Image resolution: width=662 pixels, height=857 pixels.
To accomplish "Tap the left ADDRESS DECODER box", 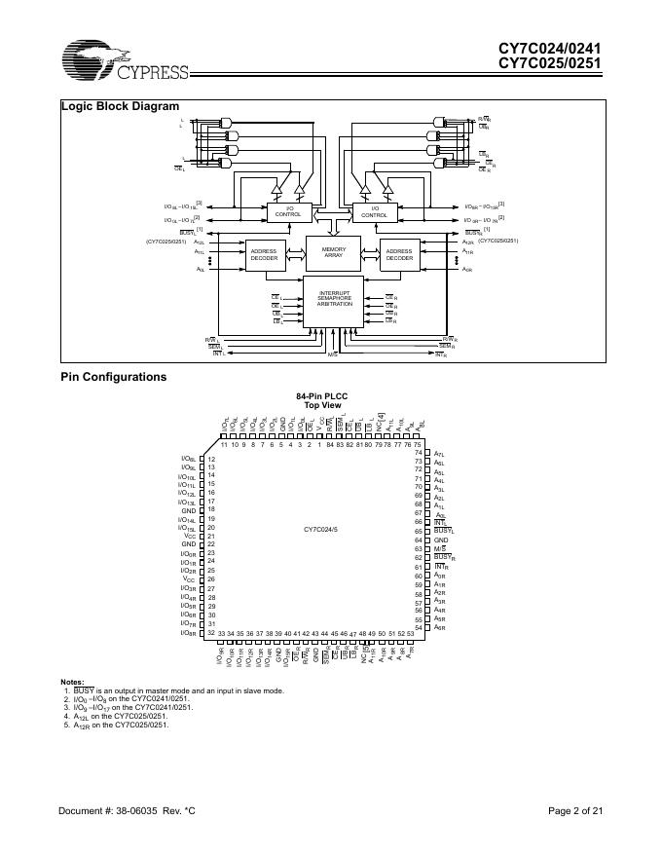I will point(264,255).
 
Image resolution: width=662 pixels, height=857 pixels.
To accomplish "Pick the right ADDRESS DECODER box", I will point(399,255).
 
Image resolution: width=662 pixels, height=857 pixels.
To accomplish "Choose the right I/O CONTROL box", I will point(374,211).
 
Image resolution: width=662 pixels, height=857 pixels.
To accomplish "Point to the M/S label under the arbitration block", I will point(333,356).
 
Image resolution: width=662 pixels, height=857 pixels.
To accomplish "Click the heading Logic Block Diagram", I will point(120,106).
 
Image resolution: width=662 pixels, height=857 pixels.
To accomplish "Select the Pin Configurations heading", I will point(114,377).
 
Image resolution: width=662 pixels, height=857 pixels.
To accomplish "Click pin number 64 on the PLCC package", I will point(418,540).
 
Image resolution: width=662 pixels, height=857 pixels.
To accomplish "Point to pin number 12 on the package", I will point(211,459).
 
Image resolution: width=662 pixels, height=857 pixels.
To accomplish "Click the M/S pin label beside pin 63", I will point(440,548).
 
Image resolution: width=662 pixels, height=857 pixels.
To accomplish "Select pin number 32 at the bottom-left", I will point(211,632).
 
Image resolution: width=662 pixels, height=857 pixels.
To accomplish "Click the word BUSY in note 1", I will point(83,689).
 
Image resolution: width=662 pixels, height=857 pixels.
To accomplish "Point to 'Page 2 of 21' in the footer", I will point(575,811).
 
